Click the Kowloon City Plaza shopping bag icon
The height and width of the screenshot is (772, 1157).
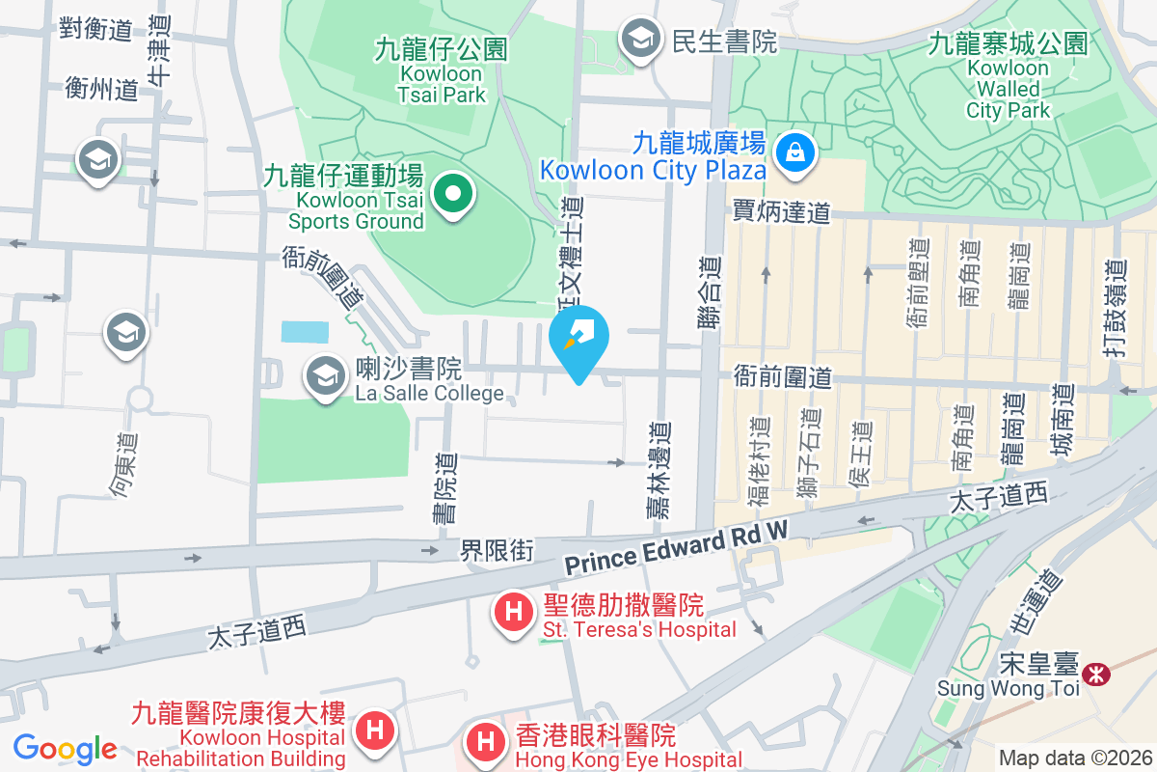tap(797, 152)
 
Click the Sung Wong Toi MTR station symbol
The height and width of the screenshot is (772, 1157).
tap(1095, 674)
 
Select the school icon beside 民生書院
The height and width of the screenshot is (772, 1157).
tap(638, 40)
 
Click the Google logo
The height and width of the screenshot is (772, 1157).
tap(65, 748)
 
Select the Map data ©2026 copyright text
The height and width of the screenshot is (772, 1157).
tap(1075, 758)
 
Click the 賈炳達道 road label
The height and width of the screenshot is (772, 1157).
tap(781, 211)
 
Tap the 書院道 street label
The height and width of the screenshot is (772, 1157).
tap(444, 488)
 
